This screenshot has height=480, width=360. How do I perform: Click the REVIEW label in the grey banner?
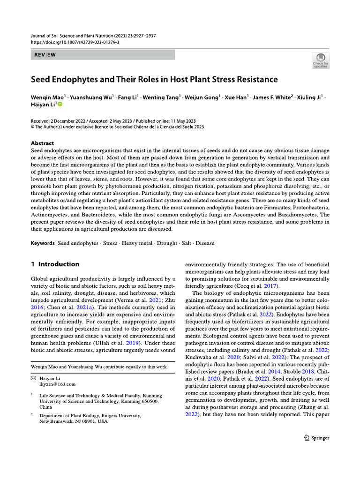click(x=45, y=55)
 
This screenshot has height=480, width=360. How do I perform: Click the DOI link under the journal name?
click(x=75, y=42)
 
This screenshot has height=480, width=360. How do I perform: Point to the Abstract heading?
click(x=42, y=143)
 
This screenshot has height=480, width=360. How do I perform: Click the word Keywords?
click(x=43, y=243)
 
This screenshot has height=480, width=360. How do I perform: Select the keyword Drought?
click(x=166, y=243)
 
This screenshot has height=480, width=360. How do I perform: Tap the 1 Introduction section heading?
click(x=55, y=264)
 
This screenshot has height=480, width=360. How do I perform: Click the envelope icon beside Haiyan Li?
click(x=33, y=378)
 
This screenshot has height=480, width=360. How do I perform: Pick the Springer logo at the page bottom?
click(x=316, y=438)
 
